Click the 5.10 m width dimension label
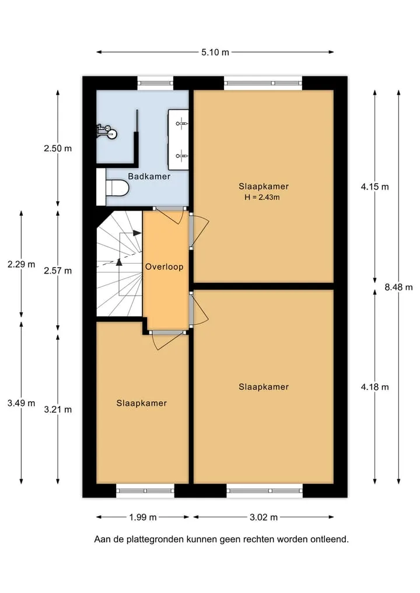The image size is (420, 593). tap(215, 52)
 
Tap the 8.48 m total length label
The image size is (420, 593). tap(398, 287)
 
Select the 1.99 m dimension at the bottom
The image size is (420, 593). tap(143, 517)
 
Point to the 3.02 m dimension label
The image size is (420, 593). tap(263, 517)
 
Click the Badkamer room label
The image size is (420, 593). tap(149, 176)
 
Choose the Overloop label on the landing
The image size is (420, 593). tap(164, 266)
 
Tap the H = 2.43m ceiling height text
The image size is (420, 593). tap(262, 197)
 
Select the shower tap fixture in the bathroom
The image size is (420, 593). tap(107, 132)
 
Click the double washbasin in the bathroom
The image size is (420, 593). tap(178, 139)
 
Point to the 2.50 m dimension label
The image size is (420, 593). tap(58, 148)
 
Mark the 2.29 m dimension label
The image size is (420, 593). tap(21, 264)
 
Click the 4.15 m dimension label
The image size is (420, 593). tap(374, 187)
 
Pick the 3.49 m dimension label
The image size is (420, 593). tap(21, 403)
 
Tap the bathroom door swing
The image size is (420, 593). tap(170, 216)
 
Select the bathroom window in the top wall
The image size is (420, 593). tap(155, 83)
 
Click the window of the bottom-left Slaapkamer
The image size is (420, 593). tap(145, 490)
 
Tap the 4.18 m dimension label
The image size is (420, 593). tap(374, 387)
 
